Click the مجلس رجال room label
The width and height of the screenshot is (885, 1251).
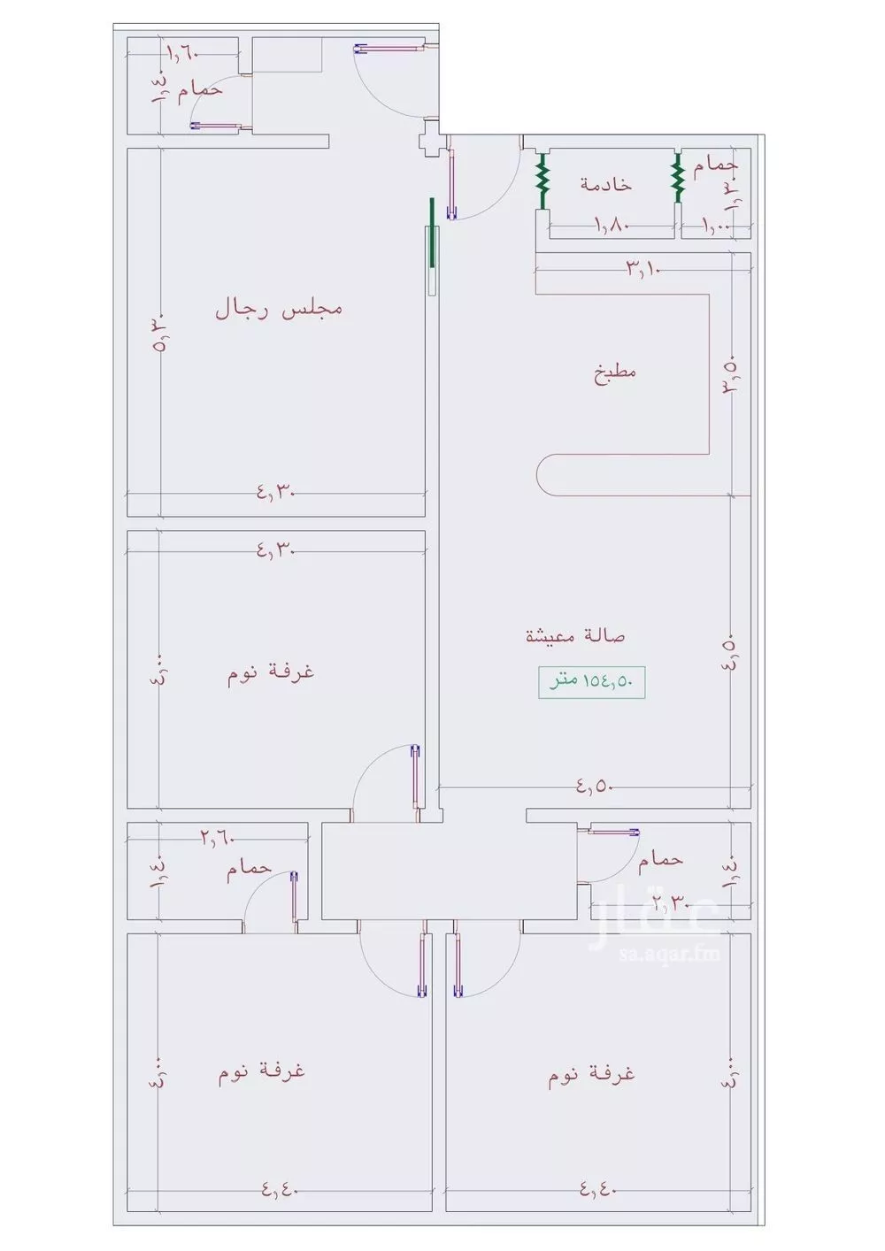click(x=279, y=309)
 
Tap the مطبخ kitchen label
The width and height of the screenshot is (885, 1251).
click(x=615, y=372)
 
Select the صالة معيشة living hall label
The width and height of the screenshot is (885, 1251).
click(x=576, y=635)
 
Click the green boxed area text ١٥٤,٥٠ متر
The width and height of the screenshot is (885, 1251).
click(x=592, y=682)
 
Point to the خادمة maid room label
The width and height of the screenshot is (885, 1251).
click(x=606, y=184)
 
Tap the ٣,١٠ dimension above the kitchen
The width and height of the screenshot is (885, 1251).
click(x=644, y=266)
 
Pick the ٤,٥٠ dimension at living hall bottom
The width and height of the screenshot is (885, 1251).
click(x=595, y=786)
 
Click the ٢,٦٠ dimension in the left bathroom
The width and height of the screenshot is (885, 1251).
click(x=218, y=837)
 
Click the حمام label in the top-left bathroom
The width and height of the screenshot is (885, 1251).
click(x=200, y=90)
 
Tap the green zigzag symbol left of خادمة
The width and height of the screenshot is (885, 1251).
click(x=543, y=180)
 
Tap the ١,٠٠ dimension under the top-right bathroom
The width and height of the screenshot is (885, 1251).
click(x=717, y=226)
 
